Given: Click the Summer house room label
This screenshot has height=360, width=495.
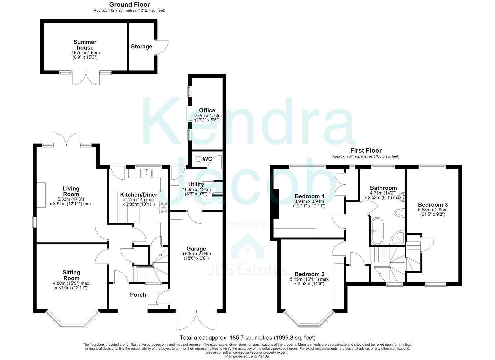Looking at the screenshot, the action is coord(85,45).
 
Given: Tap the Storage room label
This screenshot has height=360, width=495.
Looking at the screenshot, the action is coord(142,46).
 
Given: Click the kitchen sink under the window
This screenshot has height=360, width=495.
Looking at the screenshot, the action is coord(146,173).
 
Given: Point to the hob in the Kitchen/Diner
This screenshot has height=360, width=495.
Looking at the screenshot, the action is coord(164,207).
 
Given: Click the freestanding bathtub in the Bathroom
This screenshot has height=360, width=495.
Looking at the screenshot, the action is coord(377,230).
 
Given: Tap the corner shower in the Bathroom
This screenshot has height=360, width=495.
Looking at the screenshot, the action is coord(398,238).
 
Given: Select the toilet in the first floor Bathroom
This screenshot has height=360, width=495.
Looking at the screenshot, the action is coord(399,213).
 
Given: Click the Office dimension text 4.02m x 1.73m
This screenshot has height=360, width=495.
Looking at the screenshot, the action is coord(207,115).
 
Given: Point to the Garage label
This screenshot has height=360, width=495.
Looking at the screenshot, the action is coord(196,249).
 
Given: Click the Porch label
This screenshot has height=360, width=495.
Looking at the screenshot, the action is coord(138,295).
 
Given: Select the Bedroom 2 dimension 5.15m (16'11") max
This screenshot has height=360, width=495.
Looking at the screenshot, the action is coord(309,279).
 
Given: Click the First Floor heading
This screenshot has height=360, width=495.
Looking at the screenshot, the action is coord(366,150).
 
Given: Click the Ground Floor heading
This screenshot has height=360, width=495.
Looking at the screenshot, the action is coord(129,4).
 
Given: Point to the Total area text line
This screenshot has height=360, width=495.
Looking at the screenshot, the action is coord(247,337).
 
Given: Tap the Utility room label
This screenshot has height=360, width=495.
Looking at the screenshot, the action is coord(196,184).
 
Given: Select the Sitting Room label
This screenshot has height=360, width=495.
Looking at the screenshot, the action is coord(71,275).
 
